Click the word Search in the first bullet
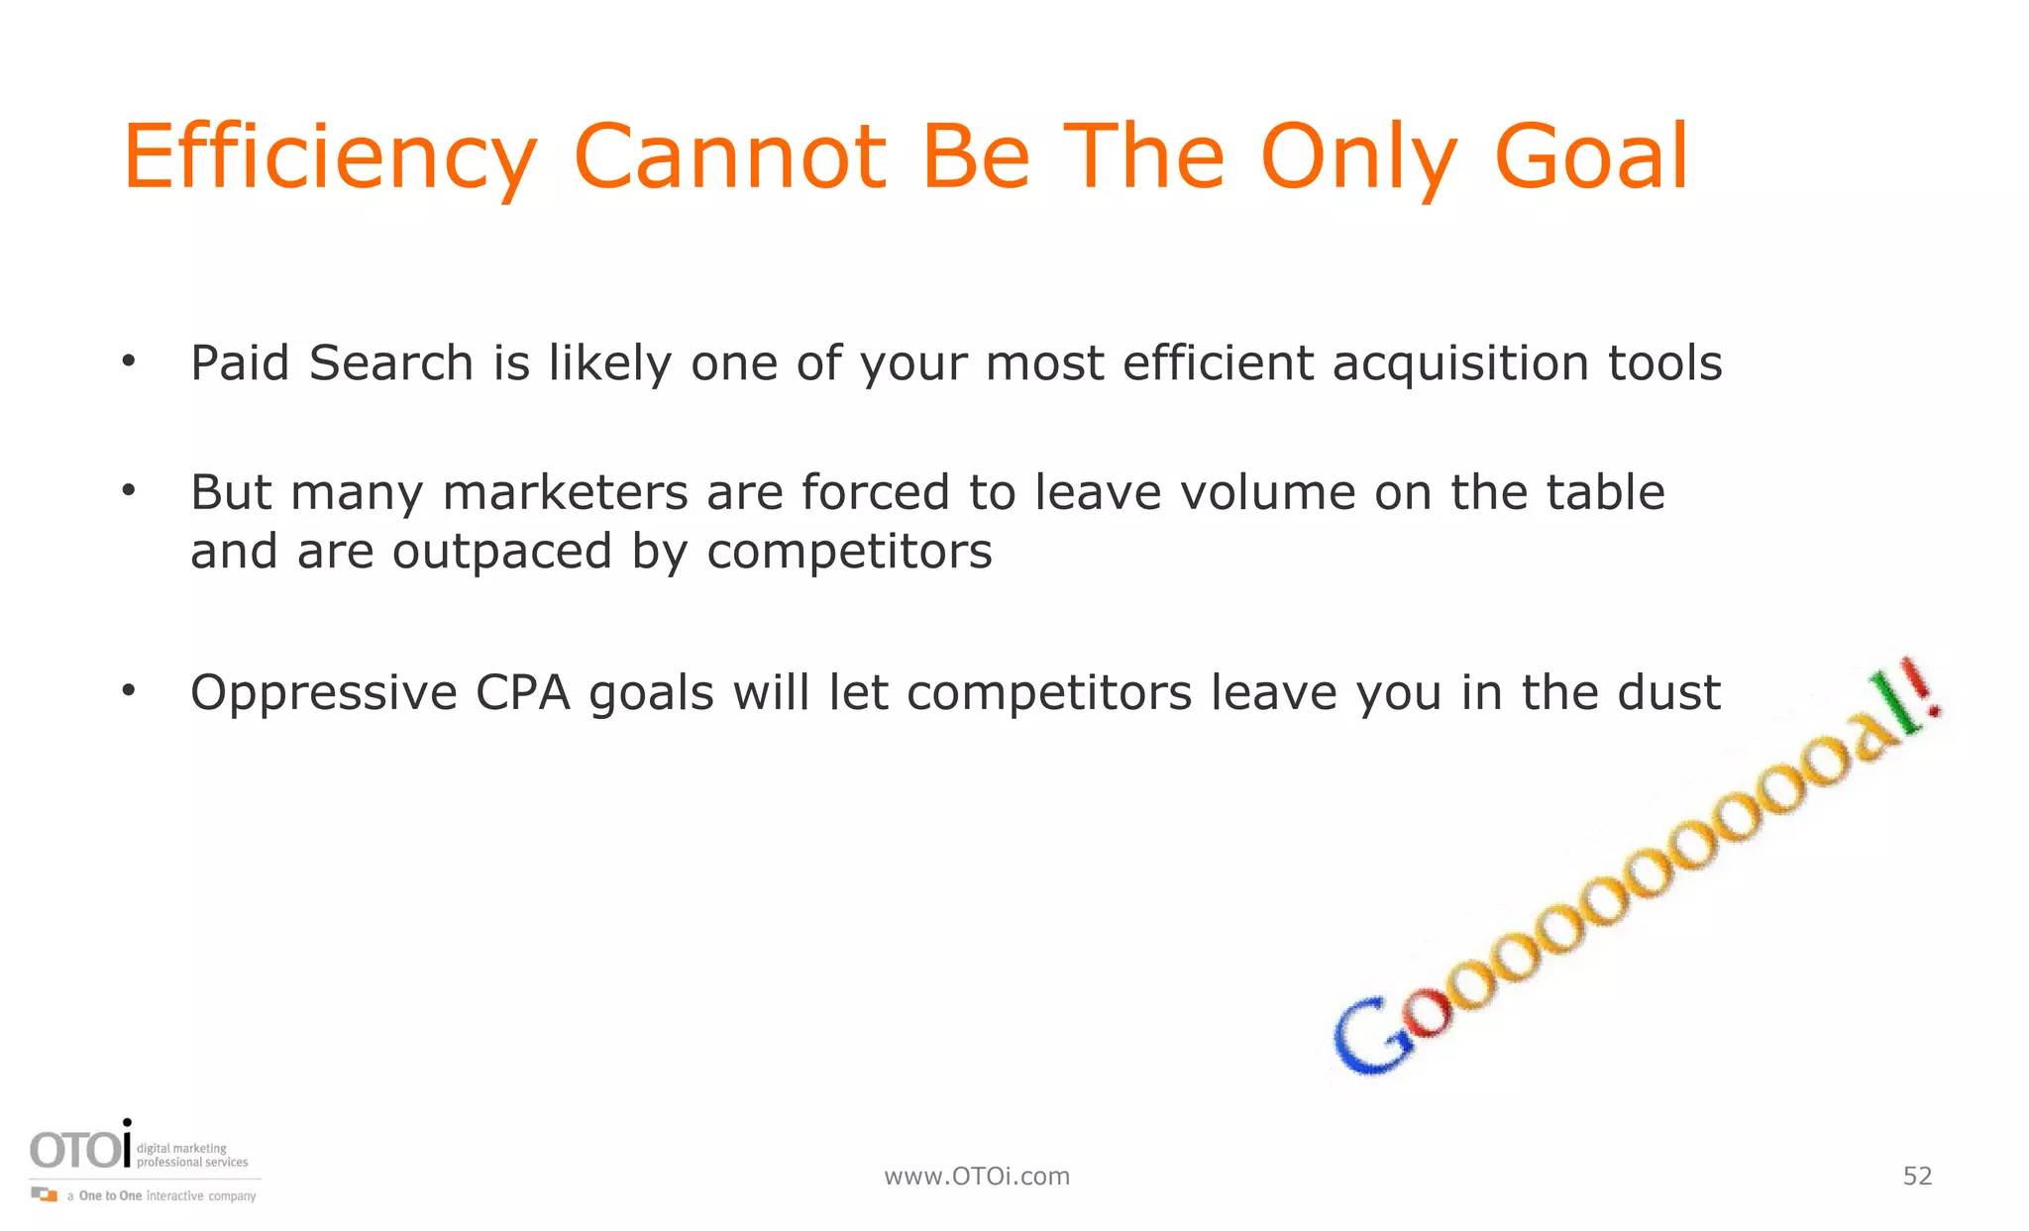pos(390,362)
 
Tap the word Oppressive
pos(323,692)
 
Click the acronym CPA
pos(523,692)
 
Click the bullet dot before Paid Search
pos(128,361)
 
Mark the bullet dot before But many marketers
pos(128,490)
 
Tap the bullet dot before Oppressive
pos(128,690)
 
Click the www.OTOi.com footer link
pos(977,1177)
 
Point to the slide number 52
pos(1917,1176)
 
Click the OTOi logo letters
pos(80,1149)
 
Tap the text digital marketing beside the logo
pos(181,1149)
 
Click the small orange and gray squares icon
pos(45,1194)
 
